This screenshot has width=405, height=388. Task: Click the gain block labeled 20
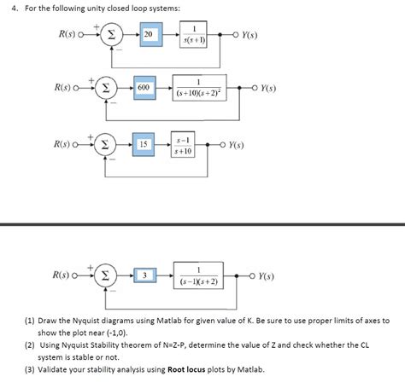150,33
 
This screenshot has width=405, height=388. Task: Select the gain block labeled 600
142,87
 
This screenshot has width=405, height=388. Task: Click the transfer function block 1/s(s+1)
198,33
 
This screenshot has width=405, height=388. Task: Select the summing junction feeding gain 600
105,87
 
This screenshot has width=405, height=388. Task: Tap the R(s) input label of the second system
64,87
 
